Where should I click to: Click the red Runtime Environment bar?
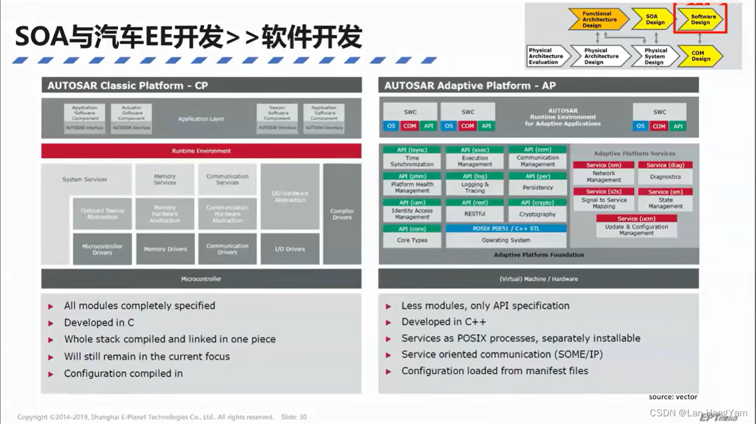[x=201, y=151]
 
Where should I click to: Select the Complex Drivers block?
[x=342, y=214]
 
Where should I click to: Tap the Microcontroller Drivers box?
[x=102, y=249]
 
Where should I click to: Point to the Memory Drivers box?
[x=165, y=249]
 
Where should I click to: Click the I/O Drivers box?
[x=290, y=249]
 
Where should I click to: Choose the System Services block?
[x=85, y=180]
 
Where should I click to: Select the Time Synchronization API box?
[x=412, y=158]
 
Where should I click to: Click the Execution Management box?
[x=474, y=158]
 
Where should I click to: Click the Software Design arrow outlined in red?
[x=701, y=19]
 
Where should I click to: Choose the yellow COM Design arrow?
[x=701, y=56]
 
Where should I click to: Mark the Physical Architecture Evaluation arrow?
[x=546, y=56]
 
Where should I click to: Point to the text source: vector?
[x=673, y=397]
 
